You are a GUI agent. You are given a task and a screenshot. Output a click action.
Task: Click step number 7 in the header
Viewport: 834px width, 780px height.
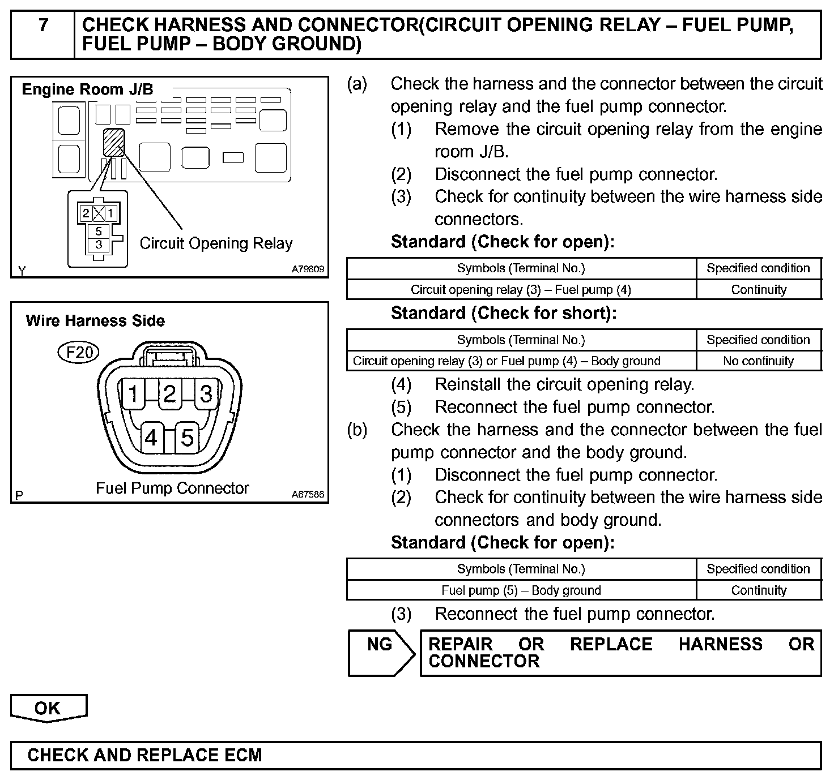pos(43,25)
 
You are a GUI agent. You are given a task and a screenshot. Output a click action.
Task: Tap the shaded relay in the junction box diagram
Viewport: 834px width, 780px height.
pos(113,142)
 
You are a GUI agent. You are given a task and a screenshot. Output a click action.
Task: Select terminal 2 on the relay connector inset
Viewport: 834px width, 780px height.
pos(86,213)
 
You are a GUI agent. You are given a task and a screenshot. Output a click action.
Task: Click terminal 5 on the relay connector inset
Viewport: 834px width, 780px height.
pos(99,231)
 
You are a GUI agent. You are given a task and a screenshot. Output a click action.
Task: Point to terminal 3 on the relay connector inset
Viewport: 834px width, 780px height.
pos(99,245)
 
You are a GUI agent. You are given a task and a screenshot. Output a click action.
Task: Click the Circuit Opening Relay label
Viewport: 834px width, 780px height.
pos(216,243)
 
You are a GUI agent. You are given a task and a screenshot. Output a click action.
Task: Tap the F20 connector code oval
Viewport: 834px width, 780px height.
pos(79,353)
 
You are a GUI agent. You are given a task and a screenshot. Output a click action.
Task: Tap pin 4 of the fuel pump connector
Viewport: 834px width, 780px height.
pos(151,438)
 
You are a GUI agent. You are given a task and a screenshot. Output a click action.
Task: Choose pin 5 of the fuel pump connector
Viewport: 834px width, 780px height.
pos(188,438)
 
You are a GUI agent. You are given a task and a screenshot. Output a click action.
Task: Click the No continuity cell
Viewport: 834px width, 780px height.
pos(758,361)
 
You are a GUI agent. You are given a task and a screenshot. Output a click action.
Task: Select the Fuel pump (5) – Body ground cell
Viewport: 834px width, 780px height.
pos(521,590)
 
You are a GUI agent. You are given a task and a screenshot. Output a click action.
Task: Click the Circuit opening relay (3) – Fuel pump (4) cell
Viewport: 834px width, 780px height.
pos(521,290)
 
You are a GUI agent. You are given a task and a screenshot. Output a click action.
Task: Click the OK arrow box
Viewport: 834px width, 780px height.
pos(48,709)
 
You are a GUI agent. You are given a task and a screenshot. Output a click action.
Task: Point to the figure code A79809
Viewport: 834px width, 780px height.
pos(308,270)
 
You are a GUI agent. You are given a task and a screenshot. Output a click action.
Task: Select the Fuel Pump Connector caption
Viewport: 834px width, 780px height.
pos(172,488)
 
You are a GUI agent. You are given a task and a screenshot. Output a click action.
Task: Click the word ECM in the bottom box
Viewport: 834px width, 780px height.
pos(243,755)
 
